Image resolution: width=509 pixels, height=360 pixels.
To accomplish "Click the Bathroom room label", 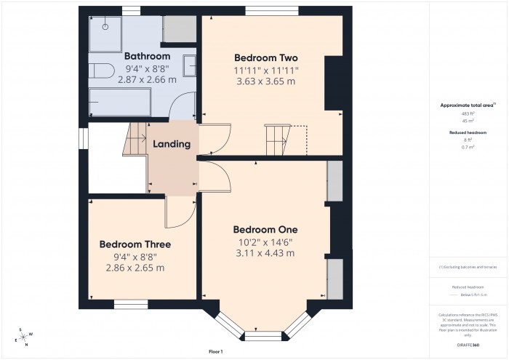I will pos(147,56).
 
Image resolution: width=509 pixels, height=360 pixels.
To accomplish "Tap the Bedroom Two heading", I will pos(266,57).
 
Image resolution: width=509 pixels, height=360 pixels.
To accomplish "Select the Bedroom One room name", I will pos(265,229).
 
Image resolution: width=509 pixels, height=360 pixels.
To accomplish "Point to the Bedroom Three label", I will pos(135,244).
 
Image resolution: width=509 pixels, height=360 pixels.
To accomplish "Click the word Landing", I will pos(172,144).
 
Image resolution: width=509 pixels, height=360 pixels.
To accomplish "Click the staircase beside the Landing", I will pos(135,138).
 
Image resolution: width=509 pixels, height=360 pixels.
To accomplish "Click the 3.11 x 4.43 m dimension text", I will pos(265,253).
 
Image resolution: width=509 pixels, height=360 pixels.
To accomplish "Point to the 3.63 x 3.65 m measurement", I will pos(266,81).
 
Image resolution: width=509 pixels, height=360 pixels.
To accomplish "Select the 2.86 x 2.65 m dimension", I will pos(135,268).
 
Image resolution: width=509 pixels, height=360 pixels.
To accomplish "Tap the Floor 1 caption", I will pos(215,351).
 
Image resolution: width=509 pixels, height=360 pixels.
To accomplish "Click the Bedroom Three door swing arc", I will pos(182,211).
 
